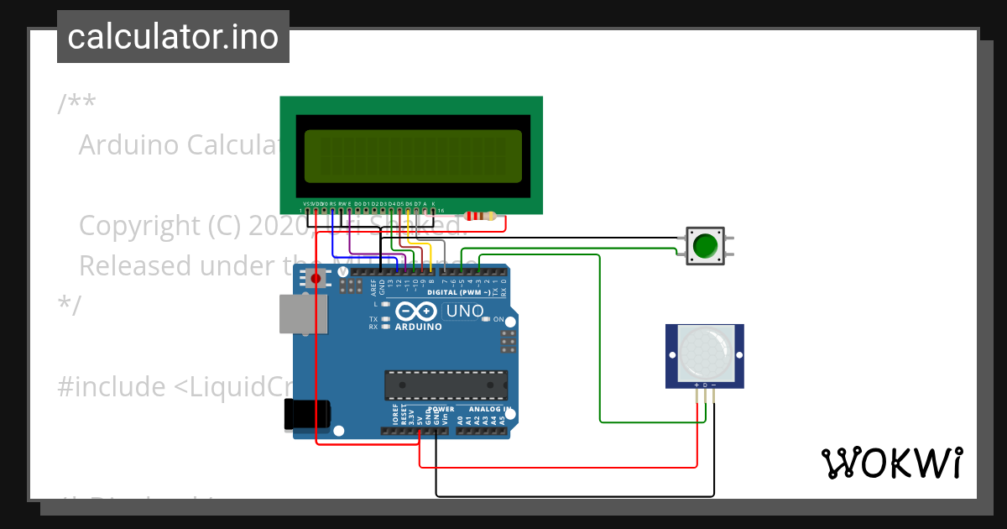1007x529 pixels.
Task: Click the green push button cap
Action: pos(705,246)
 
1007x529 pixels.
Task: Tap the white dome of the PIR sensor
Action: pos(705,352)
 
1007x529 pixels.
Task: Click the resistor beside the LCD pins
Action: pos(480,217)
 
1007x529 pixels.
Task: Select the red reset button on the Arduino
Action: pos(316,278)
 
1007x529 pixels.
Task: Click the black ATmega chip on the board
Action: pos(446,385)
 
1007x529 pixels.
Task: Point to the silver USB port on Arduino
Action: pos(303,314)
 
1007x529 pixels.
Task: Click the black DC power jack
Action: pos(308,414)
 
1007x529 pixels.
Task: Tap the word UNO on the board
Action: pos(464,312)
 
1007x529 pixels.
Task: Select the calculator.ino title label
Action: pos(173,37)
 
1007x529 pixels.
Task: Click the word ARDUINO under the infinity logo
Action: pos(418,327)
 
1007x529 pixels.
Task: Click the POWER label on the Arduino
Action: pos(441,409)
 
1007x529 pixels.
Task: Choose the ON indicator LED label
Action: pos(498,319)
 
